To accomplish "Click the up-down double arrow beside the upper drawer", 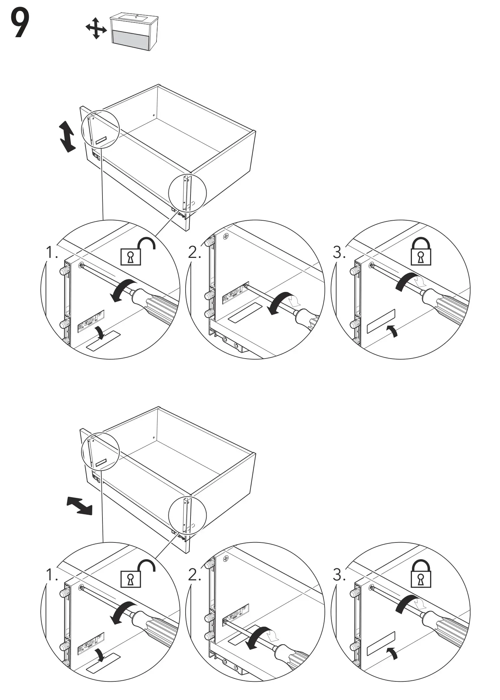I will pyautogui.click(x=67, y=136).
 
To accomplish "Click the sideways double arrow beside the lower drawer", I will pyautogui.click(x=80, y=506).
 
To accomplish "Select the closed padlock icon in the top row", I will pyautogui.click(x=421, y=252).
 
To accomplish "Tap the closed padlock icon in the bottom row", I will pyautogui.click(x=421, y=574).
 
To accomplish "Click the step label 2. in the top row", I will pyautogui.click(x=194, y=252).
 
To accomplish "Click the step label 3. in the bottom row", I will pyautogui.click(x=339, y=575).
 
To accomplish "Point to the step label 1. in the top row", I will pyautogui.click(x=52, y=252).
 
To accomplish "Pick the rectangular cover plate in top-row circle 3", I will pyautogui.click(x=381, y=321).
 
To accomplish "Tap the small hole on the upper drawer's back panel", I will pyautogui.click(x=154, y=115).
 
